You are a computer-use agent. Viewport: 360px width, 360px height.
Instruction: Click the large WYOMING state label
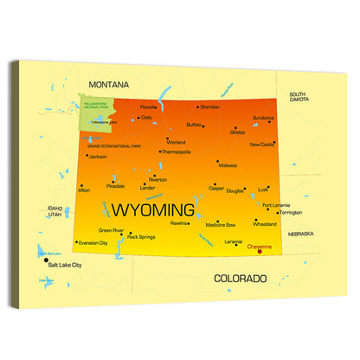[x=152, y=209]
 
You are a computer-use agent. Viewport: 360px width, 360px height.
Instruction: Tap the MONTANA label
[x=108, y=85]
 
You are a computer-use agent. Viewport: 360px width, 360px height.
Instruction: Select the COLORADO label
[x=240, y=279]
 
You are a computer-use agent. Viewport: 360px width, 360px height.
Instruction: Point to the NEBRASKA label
[x=300, y=234]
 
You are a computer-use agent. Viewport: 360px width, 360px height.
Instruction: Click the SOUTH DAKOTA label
[x=299, y=97]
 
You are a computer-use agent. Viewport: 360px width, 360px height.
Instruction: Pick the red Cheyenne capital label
[x=259, y=247]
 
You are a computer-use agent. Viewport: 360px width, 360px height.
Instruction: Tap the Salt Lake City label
[x=65, y=264]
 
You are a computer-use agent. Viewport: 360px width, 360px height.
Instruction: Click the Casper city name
[x=216, y=189]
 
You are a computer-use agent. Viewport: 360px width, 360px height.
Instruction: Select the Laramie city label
[x=233, y=242]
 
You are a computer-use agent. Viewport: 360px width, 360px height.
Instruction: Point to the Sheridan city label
[x=209, y=107]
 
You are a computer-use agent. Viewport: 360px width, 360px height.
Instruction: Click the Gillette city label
[x=237, y=133]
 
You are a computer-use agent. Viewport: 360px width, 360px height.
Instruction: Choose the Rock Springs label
[x=141, y=236]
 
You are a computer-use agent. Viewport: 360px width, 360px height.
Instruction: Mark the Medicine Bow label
[x=220, y=225]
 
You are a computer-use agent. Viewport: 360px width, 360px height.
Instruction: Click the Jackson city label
[x=98, y=157]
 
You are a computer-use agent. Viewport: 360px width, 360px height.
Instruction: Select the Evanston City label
[x=93, y=244]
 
